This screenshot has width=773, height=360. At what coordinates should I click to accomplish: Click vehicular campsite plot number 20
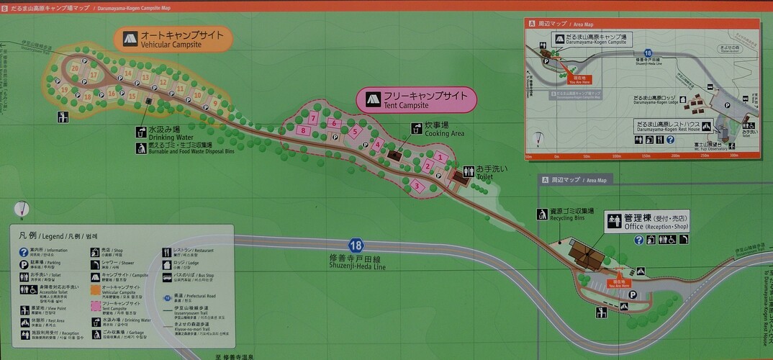[75, 68]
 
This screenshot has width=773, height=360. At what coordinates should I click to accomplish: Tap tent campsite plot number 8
[304, 130]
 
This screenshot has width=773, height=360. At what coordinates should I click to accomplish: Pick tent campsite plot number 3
[417, 186]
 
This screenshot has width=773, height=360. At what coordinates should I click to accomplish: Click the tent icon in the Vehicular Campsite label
[130, 38]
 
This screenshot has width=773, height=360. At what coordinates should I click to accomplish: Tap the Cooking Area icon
[416, 128]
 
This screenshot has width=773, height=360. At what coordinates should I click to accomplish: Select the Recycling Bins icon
[541, 213]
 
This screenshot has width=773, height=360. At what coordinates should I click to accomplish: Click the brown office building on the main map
[587, 253]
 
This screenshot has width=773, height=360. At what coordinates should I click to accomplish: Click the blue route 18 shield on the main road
[355, 245]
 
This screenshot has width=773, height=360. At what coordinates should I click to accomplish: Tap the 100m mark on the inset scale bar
[615, 155]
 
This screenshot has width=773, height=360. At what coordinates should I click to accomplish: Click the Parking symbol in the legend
[24, 264]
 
